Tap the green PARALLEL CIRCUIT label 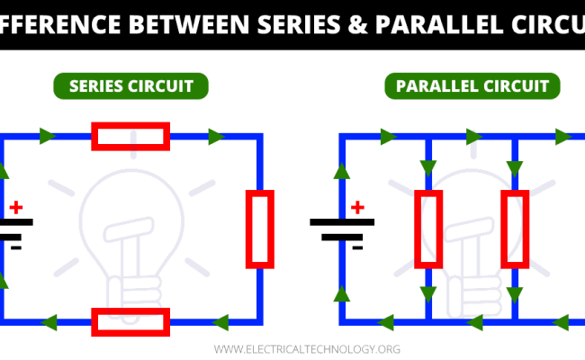(472, 86)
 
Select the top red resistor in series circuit (130, 136)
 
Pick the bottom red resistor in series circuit (130, 320)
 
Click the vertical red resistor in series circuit (260, 229)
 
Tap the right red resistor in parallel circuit (515, 229)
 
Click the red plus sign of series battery (16, 206)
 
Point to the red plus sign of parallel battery (357, 207)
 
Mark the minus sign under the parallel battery (357, 246)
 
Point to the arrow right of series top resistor (216, 136)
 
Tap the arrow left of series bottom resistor (49, 320)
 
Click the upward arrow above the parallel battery (341, 172)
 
